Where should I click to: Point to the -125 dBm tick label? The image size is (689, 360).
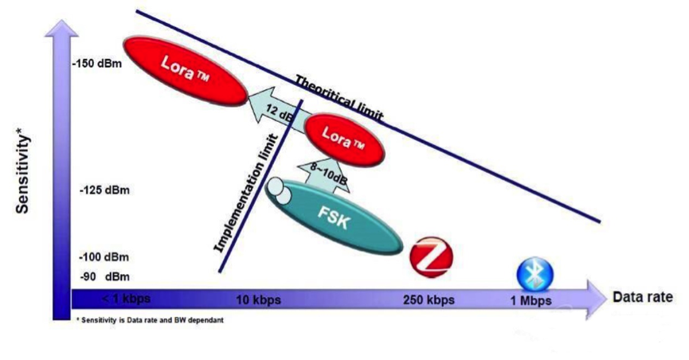105,191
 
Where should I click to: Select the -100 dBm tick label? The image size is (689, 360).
104,257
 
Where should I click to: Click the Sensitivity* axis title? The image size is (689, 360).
24,174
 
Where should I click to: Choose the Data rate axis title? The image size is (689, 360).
642,297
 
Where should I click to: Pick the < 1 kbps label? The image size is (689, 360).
126,299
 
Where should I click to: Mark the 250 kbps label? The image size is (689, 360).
429,300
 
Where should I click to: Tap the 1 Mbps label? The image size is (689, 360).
530,300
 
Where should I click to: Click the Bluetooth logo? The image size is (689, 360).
534,273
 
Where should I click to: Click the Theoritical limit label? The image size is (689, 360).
339,98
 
